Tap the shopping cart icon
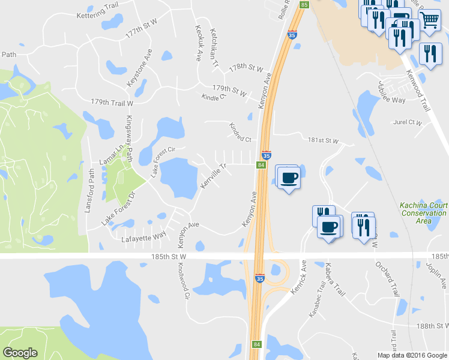pyautogui.click(x=430, y=20)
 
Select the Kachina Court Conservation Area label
pyautogui.click(x=424, y=212)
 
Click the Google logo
pyautogui.click(x=20, y=353)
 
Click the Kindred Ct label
pyautogui.click(x=240, y=133)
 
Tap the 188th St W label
pyautogui.click(x=432, y=326)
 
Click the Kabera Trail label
pyautogui.click(x=335, y=281)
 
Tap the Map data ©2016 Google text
pyautogui.click(x=412, y=355)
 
